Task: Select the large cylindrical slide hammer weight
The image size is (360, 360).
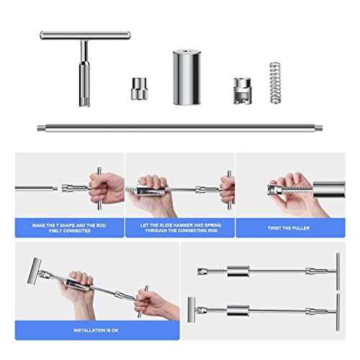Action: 186,77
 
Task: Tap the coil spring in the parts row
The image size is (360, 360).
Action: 275,83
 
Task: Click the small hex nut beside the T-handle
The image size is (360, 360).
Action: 139,89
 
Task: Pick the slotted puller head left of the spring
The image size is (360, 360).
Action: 242,91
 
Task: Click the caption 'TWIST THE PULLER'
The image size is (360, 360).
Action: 289,228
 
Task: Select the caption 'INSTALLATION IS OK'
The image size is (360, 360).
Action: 96,330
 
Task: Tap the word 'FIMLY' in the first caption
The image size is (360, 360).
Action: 55,231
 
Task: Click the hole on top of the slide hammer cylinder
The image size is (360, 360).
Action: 186,50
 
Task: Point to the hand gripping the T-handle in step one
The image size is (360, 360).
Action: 106,188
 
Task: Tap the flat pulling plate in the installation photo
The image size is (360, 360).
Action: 34,271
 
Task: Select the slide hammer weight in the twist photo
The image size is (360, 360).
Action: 329,189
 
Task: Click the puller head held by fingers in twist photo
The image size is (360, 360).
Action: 275,189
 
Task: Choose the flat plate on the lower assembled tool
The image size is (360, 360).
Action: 192,310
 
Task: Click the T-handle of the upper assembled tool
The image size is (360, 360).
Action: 338,271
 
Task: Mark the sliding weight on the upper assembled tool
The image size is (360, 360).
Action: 238,271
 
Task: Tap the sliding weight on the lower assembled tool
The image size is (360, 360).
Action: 238,310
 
